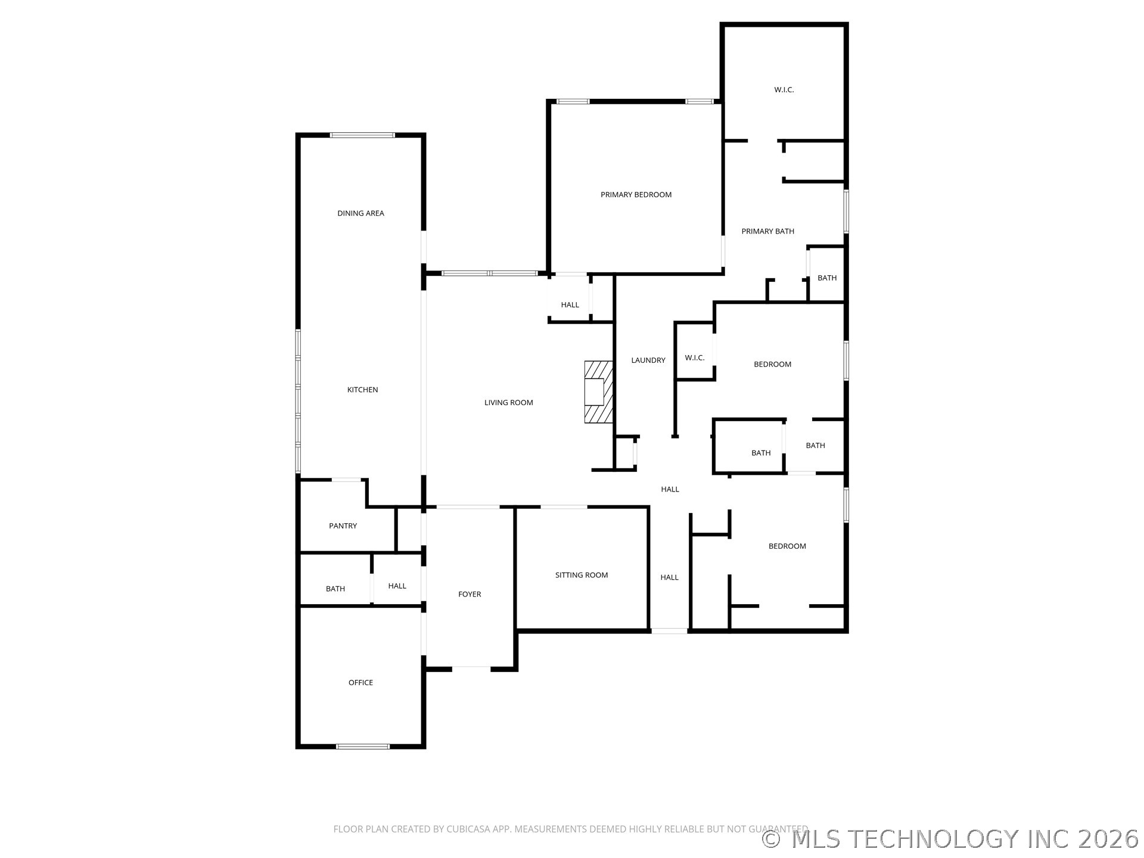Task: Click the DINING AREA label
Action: [x=360, y=213]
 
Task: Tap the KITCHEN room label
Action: [x=362, y=390]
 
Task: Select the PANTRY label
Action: [x=343, y=526]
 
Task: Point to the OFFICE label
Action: [x=360, y=682]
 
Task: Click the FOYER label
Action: [x=470, y=594]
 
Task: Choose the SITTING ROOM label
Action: [x=581, y=575]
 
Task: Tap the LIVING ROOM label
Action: [x=508, y=403]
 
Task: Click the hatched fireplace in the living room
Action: [x=598, y=391]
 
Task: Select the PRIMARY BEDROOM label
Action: [x=636, y=195]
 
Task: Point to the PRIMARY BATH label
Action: [x=767, y=231]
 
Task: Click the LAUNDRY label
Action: [x=648, y=360]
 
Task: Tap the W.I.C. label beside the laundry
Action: [x=694, y=358]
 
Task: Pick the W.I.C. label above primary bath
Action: [x=784, y=90]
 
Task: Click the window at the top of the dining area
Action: [x=362, y=135]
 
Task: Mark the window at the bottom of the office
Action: [x=362, y=746]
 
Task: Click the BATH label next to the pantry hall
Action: [x=335, y=589]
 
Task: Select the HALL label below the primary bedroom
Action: [x=570, y=305]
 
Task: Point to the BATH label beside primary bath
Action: [x=826, y=278]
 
